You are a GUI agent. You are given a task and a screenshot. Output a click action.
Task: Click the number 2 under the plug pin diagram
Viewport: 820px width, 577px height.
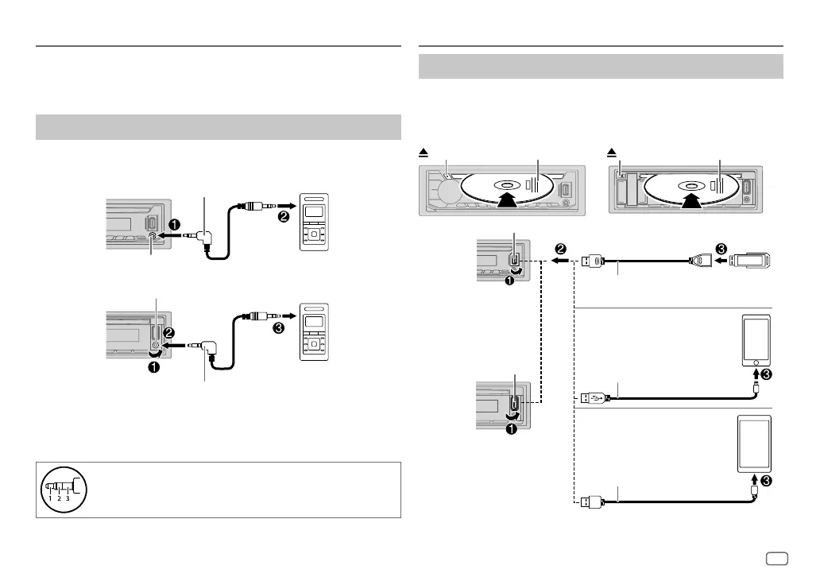coord(59,499)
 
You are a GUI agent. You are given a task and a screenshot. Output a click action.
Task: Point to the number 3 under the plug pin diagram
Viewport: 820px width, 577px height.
coord(68,499)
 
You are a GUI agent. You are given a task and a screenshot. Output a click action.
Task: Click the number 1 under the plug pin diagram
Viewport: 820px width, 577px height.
coord(49,499)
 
